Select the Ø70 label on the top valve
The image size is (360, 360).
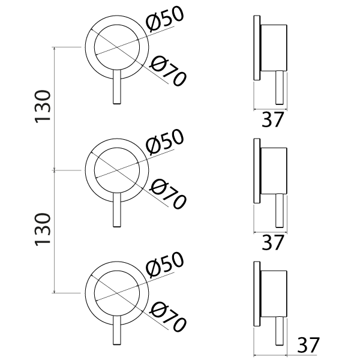tap(167, 71)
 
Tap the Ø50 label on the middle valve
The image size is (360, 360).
tap(165, 142)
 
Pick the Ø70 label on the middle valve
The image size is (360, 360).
tap(167, 194)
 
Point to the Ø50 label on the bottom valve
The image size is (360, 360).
tap(165, 265)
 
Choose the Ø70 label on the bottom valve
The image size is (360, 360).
tap(167, 317)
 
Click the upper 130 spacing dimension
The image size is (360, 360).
tap(43, 107)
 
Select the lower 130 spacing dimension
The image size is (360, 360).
tap(43, 230)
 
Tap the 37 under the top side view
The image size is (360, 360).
tap(273, 119)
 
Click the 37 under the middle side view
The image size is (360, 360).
tap(273, 242)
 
